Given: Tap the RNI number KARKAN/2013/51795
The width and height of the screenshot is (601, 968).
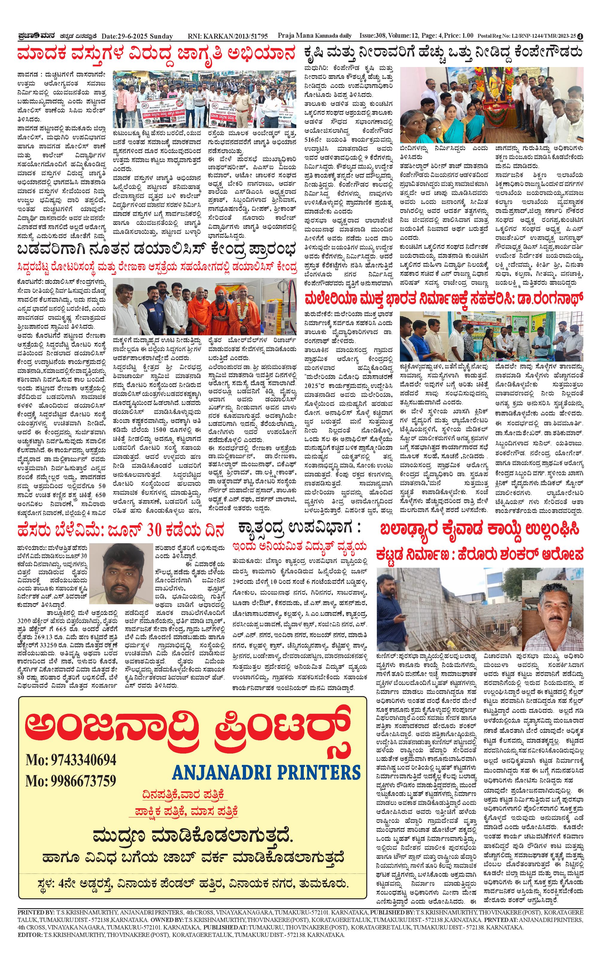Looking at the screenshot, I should pyautogui.click(x=228, y=36).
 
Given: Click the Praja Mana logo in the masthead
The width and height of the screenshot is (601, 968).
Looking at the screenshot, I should pyautogui.click(x=35, y=36).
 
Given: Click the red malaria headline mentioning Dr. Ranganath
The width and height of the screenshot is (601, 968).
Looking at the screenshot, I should pyautogui.click(x=444, y=298).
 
